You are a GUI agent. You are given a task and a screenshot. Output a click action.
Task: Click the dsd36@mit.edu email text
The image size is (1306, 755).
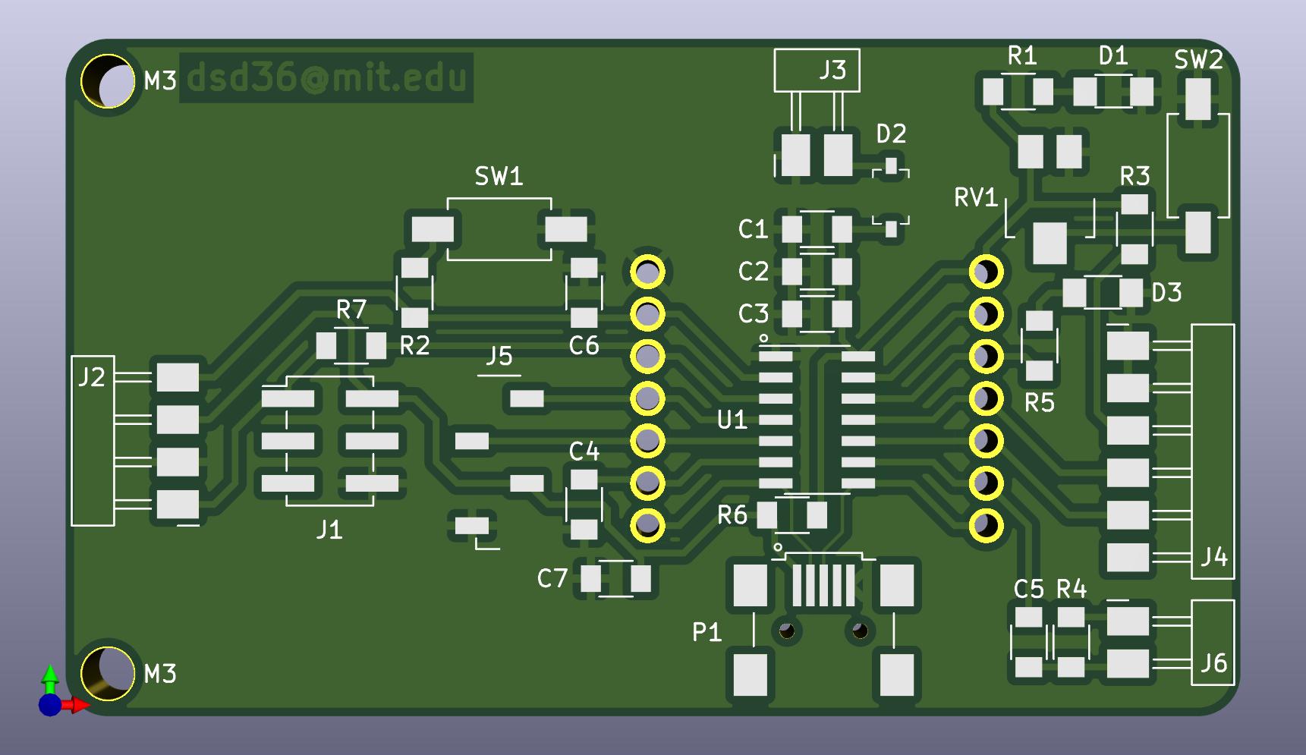[x=326, y=77]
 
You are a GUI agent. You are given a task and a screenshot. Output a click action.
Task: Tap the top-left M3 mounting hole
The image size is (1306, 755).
[x=108, y=80]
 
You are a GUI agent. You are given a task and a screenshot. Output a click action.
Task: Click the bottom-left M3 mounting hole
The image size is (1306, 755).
[x=108, y=673]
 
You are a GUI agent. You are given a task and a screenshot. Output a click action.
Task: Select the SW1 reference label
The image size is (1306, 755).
[x=499, y=177]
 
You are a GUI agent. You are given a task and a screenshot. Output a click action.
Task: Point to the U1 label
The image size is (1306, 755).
[x=732, y=420]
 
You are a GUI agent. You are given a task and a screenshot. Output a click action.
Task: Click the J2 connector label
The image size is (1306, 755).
[x=92, y=377]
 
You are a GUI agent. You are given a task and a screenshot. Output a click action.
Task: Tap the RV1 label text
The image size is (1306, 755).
[x=976, y=198]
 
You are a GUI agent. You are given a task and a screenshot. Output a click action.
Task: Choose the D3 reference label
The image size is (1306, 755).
[x=1166, y=293]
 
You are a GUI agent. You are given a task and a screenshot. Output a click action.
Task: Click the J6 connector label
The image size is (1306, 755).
[x=1213, y=664]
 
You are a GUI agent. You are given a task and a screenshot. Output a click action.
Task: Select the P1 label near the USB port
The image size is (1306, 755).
[x=706, y=632]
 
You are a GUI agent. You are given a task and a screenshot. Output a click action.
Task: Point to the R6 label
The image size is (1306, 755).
[x=732, y=516]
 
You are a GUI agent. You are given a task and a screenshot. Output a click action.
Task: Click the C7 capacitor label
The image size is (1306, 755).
[x=552, y=579]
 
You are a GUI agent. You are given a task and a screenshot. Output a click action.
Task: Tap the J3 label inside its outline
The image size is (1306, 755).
[x=832, y=71]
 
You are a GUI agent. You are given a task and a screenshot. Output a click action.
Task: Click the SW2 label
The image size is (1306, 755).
[x=1198, y=60]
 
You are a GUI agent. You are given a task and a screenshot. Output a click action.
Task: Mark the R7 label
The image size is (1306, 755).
[x=351, y=310]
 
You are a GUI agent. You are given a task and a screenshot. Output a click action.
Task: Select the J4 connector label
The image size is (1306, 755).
[x=1214, y=558]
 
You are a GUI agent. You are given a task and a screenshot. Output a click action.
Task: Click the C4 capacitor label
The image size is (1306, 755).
[x=584, y=452]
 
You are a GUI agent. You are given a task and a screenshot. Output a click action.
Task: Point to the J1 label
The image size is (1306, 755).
[x=329, y=530]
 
